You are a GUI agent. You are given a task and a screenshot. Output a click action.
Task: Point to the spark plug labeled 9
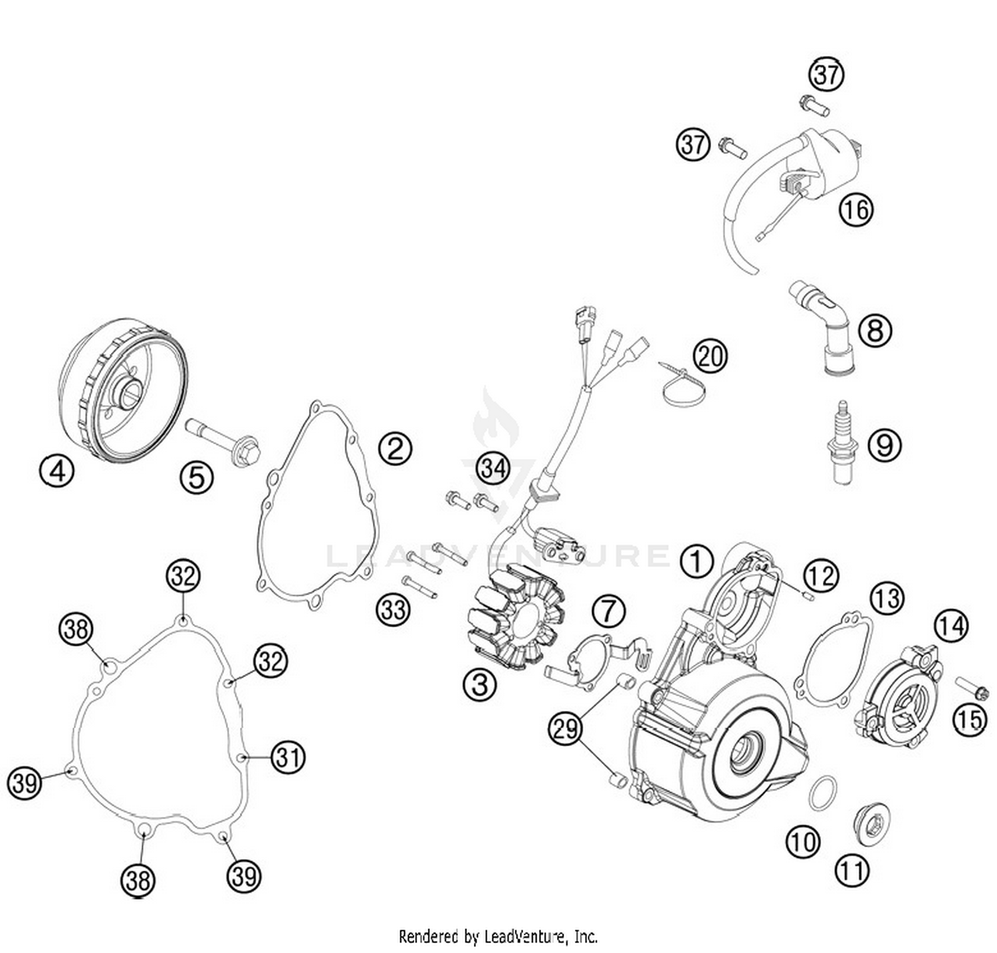843,442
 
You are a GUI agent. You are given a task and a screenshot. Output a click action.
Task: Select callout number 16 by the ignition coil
855,209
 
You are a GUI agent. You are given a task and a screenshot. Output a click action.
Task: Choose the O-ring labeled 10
823,793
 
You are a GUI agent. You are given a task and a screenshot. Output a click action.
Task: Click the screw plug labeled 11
871,825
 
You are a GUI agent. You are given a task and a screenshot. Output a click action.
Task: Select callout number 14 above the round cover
950,625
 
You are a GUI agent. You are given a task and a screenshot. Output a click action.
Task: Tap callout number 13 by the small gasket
887,599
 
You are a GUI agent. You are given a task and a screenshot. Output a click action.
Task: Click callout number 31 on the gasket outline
288,757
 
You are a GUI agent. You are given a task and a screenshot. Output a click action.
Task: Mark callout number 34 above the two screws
493,468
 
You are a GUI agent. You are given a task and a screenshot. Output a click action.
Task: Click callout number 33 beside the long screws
393,609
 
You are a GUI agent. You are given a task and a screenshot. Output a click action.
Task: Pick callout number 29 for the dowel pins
566,730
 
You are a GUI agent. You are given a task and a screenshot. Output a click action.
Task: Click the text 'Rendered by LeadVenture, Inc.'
498,937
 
